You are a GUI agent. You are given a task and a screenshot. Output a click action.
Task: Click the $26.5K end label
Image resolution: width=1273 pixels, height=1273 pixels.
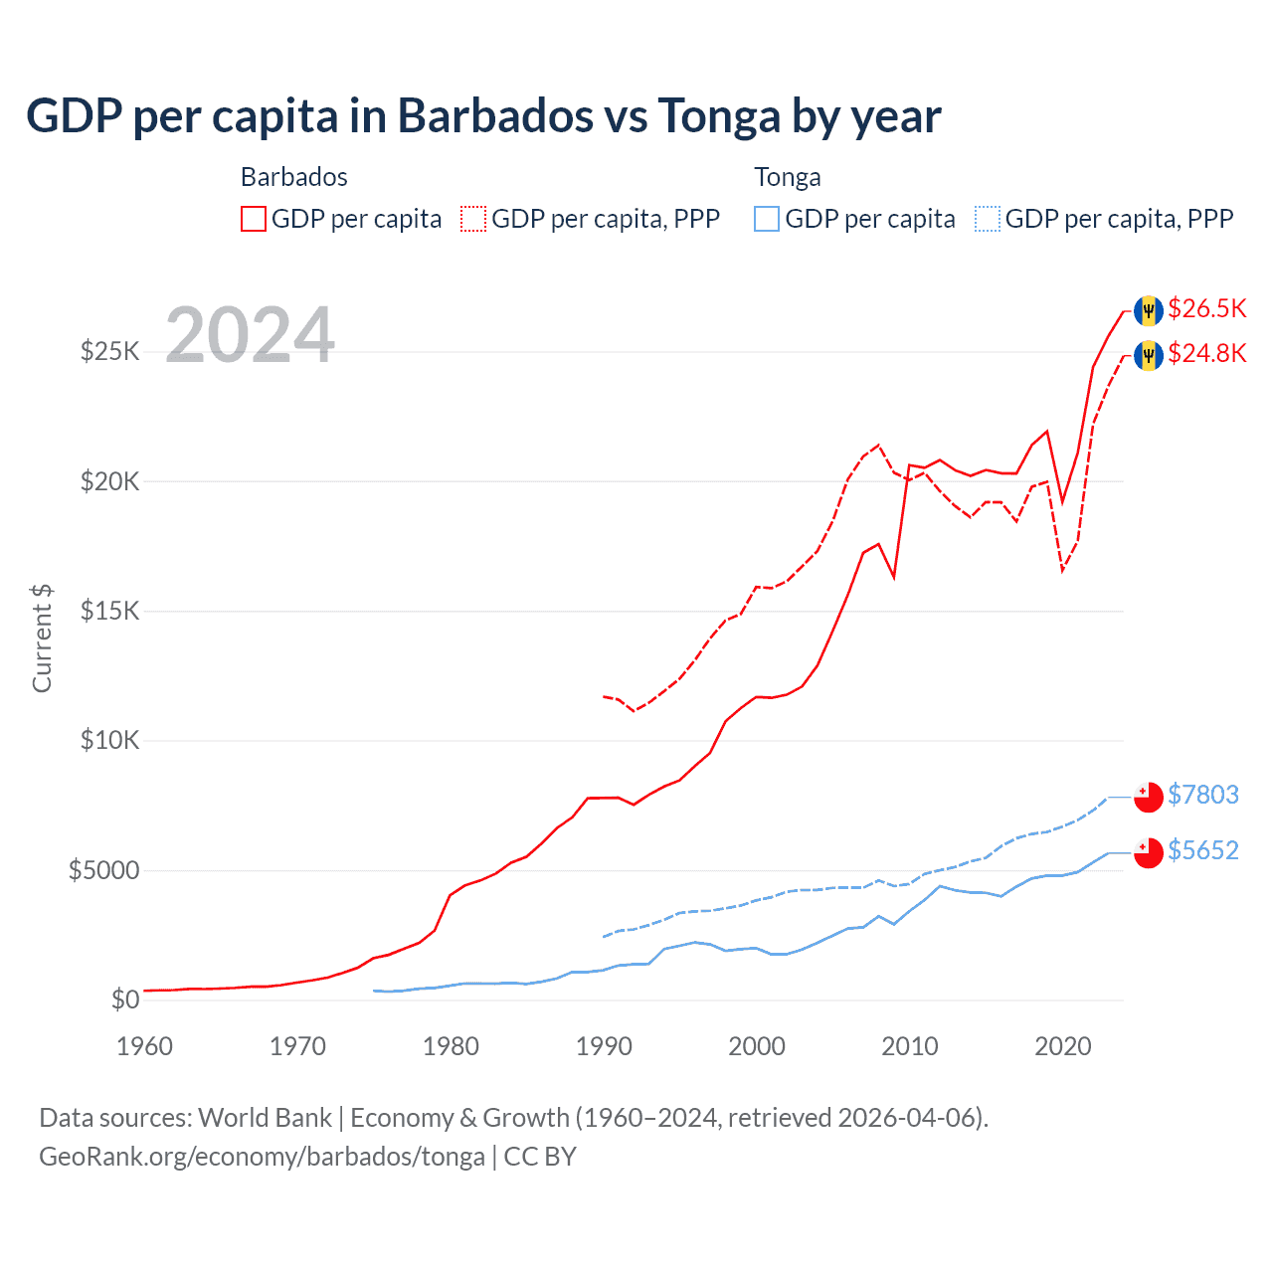coord(1206,309)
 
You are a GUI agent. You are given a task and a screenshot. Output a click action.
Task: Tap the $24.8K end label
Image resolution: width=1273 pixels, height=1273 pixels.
coord(1206,354)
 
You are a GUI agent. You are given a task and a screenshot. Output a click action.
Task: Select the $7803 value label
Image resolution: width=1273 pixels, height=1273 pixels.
coord(1202,795)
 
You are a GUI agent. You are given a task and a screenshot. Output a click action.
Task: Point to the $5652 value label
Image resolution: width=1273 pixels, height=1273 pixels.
coord(1202,850)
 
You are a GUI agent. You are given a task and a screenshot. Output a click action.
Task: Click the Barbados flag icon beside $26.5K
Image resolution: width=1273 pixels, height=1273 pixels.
coord(1149,310)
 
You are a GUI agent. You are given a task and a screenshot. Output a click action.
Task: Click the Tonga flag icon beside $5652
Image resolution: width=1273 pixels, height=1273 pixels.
coord(1149,853)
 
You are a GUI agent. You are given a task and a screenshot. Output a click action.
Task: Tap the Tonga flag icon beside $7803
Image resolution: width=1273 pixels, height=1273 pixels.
coord(1149,798)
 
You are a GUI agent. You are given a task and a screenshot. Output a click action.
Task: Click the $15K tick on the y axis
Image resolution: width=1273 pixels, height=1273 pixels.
coord(109,611)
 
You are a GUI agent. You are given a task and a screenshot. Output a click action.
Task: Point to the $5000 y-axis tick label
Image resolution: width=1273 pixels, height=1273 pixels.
coord(103,871)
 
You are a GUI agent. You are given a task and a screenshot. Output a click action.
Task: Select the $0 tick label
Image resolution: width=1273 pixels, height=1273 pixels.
coord(124,1000)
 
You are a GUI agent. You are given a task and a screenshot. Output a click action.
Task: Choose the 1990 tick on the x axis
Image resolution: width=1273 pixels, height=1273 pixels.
coord(604,1046)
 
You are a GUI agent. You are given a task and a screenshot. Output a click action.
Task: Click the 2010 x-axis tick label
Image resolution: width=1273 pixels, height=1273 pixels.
coord(909,1046)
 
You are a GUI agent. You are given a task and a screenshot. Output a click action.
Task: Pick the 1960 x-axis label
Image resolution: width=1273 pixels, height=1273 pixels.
coord(145,1046)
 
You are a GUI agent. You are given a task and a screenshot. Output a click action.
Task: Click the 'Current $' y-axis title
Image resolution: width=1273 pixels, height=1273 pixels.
coord(42,638)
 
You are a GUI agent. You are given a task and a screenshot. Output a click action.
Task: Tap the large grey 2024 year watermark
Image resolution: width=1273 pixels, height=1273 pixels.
coord(250,335)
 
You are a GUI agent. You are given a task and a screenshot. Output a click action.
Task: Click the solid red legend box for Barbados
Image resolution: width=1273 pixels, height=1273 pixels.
coord(254,219)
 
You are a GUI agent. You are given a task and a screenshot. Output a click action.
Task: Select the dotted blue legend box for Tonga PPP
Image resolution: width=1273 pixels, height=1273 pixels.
coord(988,219)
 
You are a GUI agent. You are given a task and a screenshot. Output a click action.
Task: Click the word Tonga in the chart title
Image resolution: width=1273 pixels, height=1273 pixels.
coord(719,116)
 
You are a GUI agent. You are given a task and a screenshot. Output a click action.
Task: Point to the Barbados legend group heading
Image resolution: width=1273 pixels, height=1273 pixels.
coord(294,177)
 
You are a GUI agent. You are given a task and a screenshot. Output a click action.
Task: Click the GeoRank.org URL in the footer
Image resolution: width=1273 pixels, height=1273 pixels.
coord(262,1157)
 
